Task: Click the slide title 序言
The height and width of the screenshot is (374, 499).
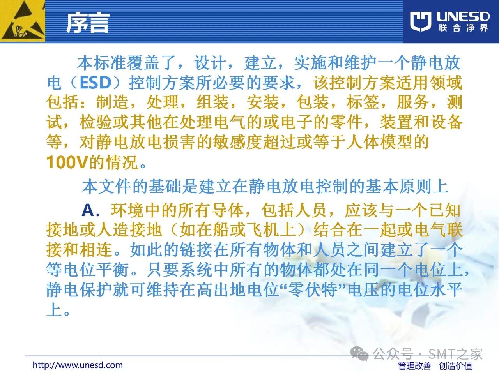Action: [88, 23]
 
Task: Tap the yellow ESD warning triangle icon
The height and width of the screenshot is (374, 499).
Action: [22, 21]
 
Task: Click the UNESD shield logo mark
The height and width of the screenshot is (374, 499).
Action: [421, 21]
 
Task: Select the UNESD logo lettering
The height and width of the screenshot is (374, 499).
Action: [463, 17]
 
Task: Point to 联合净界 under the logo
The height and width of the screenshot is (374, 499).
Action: [463, 28]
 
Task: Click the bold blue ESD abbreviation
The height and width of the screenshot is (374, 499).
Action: [96, 83]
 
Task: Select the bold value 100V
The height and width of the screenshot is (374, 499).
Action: [67, 162]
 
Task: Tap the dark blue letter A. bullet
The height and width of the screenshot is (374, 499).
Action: [91, 210]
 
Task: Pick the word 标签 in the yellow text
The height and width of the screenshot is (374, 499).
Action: [363, 102]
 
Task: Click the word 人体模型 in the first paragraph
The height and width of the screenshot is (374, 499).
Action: [379, 142]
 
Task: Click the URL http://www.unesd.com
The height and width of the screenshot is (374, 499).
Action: [78, 365]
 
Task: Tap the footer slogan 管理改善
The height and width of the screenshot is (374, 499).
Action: [415, 366]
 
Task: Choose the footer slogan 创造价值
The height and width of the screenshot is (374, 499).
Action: [456, 366]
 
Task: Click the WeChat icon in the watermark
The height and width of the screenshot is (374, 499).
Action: [359, 354]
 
